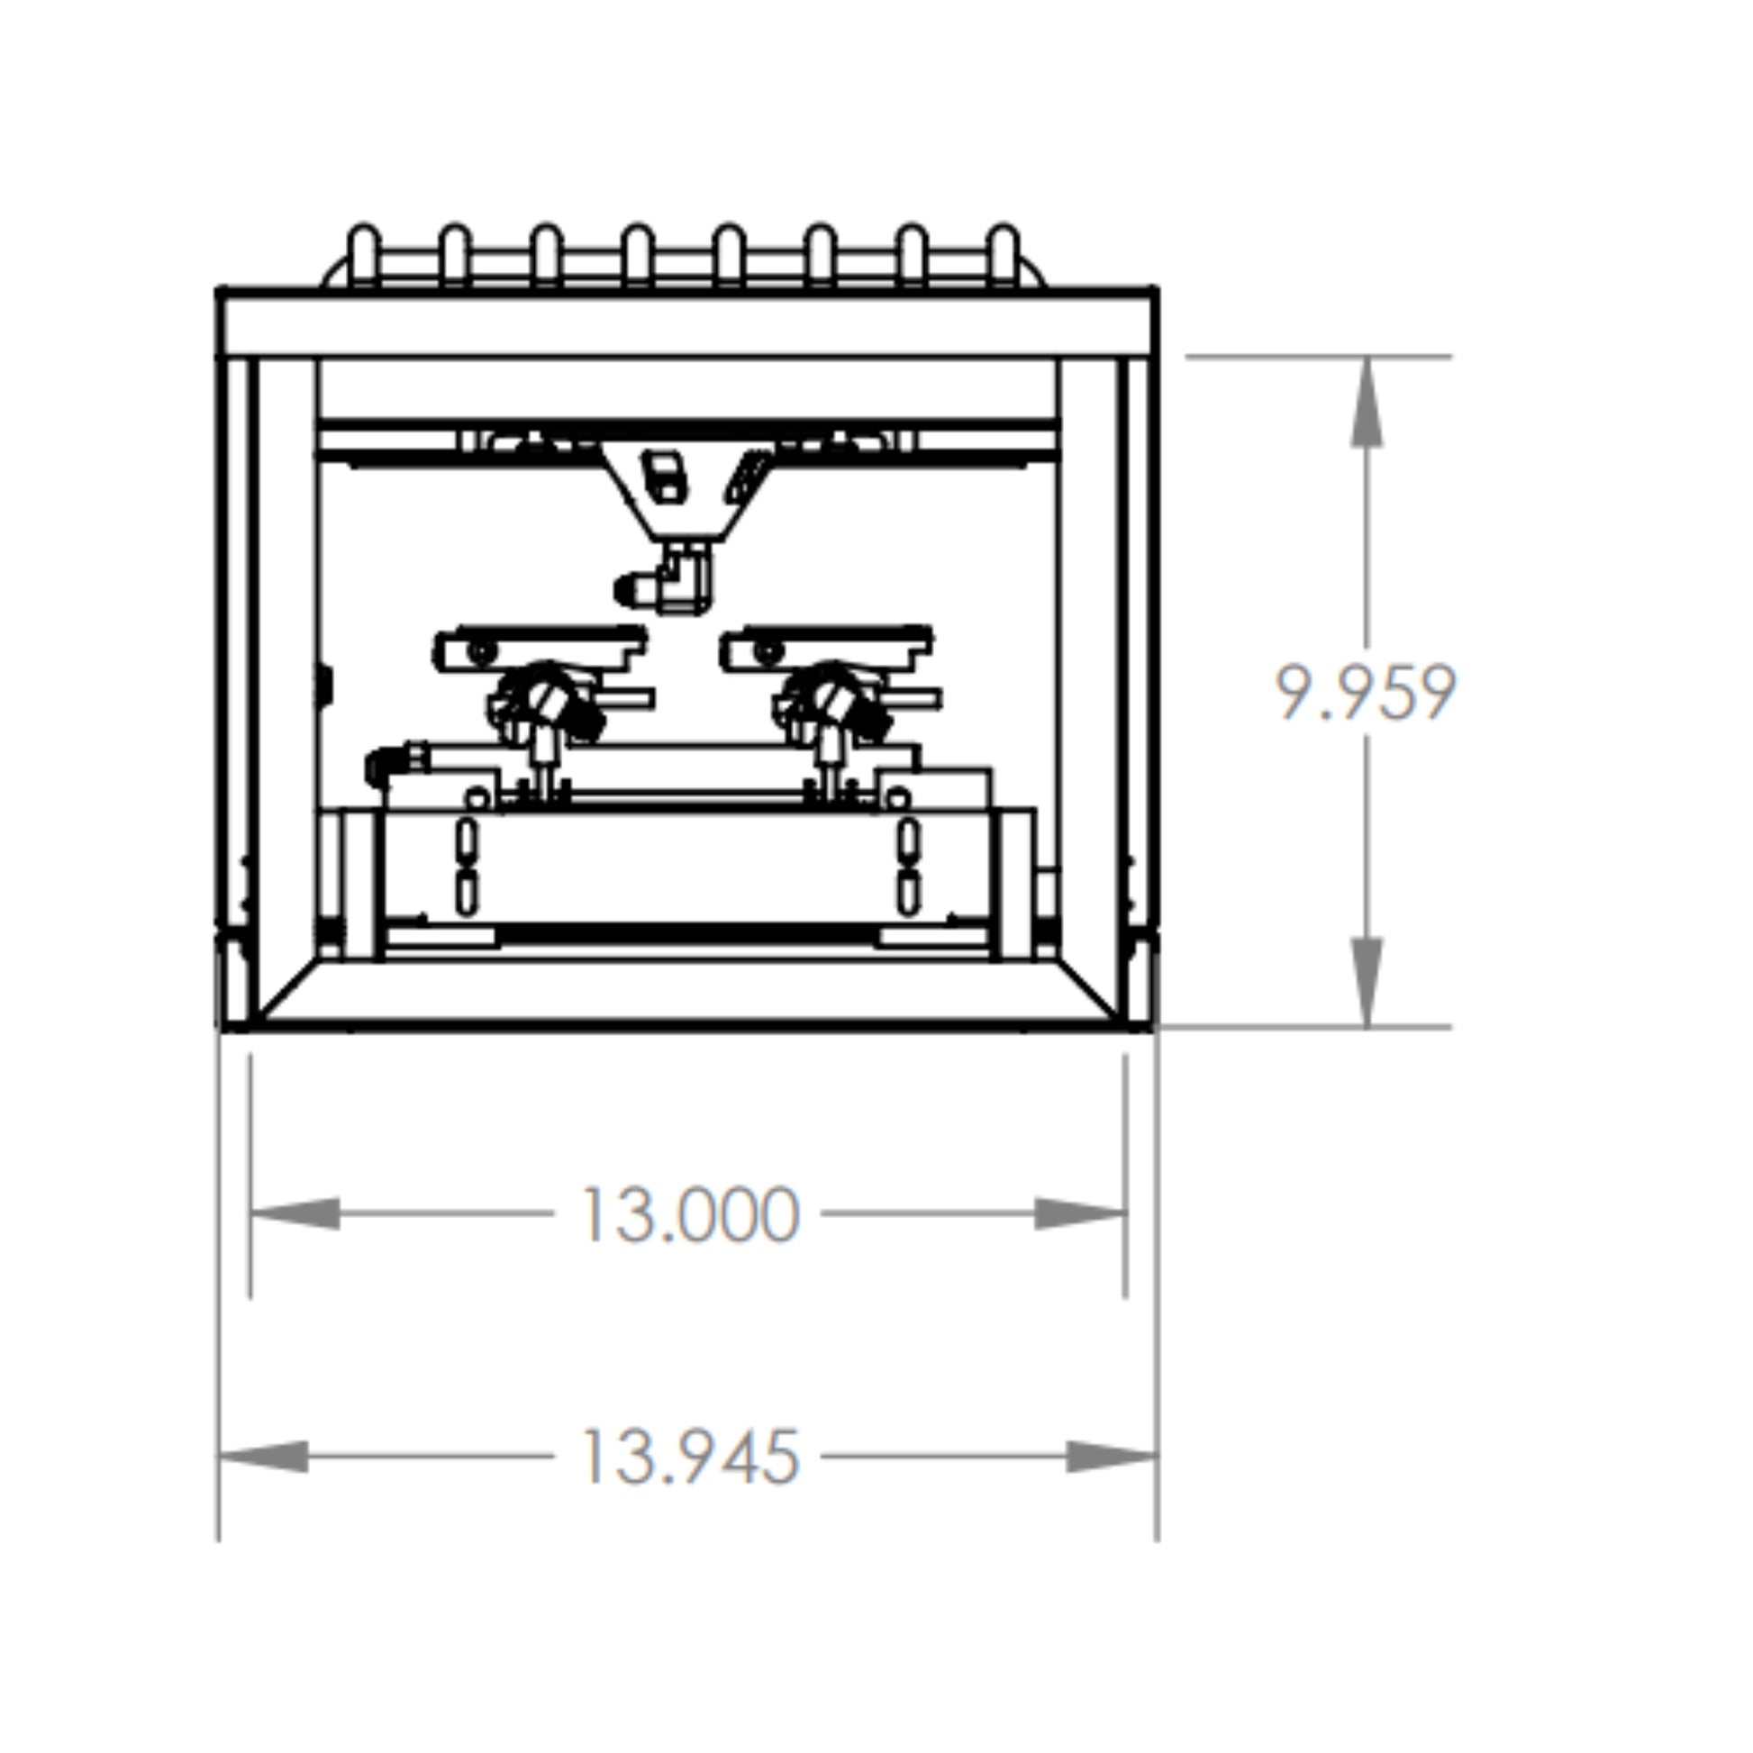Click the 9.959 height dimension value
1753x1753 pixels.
(x=1366, y=693)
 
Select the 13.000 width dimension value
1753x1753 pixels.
(x=691, y=1215)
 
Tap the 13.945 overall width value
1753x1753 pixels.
(x=691, y=1458)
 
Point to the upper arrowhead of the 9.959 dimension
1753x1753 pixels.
(x=1367, y=402)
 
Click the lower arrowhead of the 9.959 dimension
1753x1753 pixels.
(x=1367, y=982)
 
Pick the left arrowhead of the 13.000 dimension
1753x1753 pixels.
(x=295, y=1214)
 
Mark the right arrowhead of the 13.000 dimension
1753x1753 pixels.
(x=1081, y=1214)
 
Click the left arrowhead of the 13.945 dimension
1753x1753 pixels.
(x=263, y=1457)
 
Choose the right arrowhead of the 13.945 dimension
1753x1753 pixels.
(x=1113, y=1457)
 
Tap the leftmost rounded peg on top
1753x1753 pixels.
(x=364, y=255)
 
